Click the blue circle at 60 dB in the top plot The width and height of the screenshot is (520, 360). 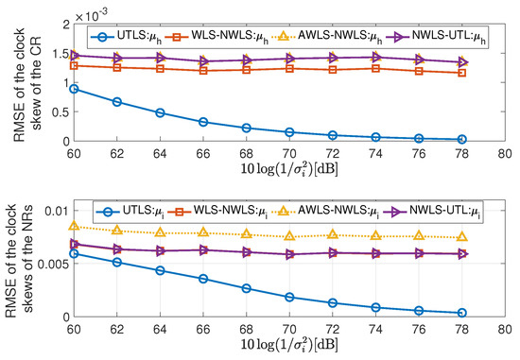75,89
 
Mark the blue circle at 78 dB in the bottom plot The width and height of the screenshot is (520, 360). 460,313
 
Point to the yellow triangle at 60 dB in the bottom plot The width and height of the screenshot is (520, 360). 75,226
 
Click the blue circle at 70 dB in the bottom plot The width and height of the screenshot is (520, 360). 289,297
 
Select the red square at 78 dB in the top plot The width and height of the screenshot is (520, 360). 460,73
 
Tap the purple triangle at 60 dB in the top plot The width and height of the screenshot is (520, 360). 75,55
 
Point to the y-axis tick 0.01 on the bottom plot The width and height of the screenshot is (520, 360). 54,210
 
